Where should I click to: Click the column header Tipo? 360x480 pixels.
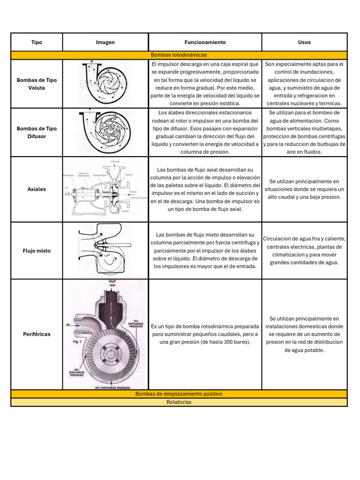(37, 42)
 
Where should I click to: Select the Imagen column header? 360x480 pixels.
(105, 42)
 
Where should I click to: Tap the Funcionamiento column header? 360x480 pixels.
(205, 42)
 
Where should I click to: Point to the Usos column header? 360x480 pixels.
(304, 42)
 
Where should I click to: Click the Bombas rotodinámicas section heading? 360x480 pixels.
(179, 55)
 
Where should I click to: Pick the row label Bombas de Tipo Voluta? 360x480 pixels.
(37, 84)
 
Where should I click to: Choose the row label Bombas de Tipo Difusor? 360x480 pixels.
(37, 132)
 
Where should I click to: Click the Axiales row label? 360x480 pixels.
(37, 189)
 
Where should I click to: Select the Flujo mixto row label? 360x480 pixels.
(37, 251)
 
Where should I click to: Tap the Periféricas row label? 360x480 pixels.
(37, 334)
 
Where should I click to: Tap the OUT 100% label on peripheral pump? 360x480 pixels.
(112, 283)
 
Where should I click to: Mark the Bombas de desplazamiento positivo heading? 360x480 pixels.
(179, 394)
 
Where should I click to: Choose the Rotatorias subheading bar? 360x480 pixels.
(179, 402)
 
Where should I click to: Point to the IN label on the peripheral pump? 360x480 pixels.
(67, 324)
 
